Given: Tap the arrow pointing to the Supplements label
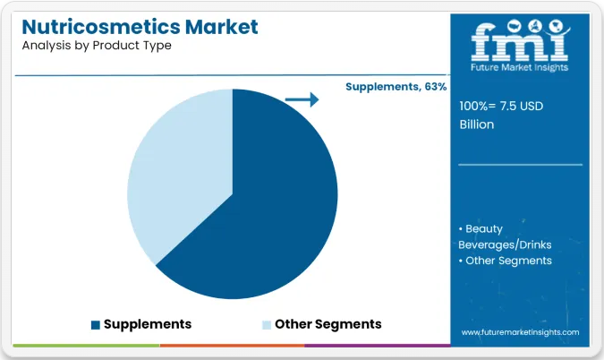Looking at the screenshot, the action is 302,99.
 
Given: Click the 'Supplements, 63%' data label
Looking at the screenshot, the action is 396,87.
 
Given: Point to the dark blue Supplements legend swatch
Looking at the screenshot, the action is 96,325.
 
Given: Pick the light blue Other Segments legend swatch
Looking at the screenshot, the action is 267,325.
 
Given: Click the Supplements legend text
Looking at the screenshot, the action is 148,324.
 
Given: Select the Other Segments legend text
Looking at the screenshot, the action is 328,324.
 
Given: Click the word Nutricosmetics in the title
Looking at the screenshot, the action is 101,27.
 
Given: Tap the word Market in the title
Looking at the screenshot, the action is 222,27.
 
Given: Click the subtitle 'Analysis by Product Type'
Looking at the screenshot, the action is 97,46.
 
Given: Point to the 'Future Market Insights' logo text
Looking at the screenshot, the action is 519,67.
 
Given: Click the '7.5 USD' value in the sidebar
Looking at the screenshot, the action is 522,106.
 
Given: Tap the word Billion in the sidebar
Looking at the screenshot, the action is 477,124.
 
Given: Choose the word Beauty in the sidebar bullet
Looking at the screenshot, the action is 484,229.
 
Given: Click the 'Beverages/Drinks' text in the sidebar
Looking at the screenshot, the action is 505,244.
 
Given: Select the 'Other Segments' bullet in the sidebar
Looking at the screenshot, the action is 508,261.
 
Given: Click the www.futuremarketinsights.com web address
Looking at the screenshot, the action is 520,332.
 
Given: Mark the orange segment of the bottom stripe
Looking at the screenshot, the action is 232,346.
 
